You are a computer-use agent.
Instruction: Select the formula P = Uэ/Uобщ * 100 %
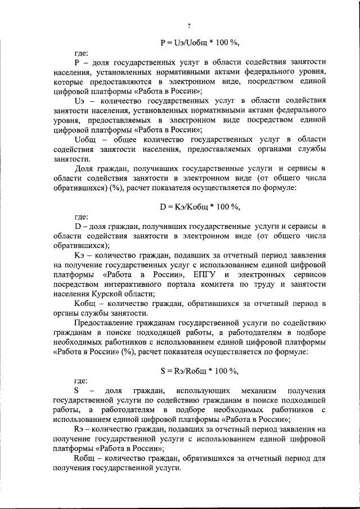coord(200,42)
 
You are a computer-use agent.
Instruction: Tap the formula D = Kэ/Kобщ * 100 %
coord(200,206)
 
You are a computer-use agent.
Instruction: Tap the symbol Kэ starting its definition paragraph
coord(80,255)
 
